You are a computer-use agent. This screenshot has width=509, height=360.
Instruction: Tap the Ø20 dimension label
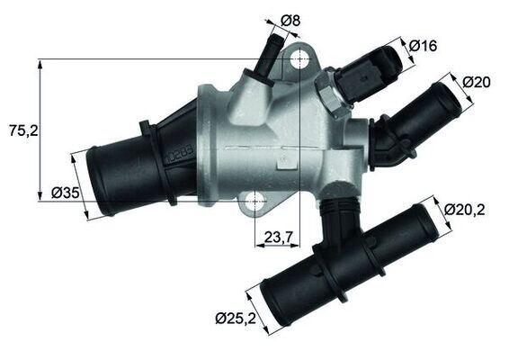pyautogui.click(x=477, y=81)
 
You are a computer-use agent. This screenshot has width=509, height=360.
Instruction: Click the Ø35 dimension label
pyautogui.click(x=67, y=192)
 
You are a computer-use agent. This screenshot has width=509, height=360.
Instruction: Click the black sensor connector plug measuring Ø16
pyautogui.click(x=368, y=75)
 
